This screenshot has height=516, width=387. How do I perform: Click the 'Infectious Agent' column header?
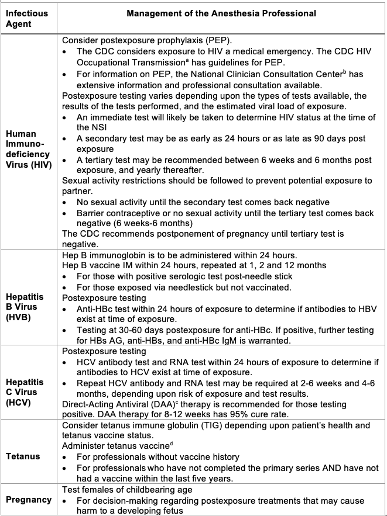click(27, 19)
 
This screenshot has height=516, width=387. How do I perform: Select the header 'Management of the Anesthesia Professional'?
click(221, 13)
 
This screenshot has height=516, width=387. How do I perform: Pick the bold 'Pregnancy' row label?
click(29, 500)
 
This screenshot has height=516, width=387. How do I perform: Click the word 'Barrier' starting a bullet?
click(93, 213)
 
